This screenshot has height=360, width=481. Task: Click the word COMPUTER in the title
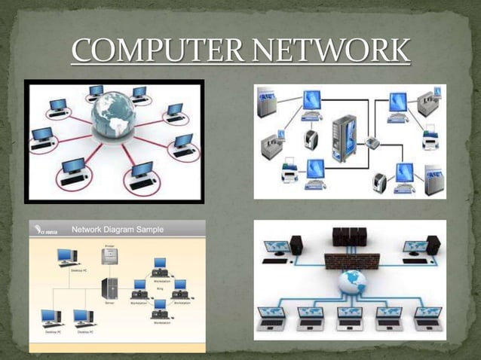(158, 51)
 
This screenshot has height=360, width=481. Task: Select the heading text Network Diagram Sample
(117, 229)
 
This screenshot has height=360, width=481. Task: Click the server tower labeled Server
(109, 287)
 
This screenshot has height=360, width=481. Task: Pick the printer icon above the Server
(109, 257)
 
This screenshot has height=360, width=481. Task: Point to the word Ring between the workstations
(160, 287)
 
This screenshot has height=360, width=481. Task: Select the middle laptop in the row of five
(350, 316)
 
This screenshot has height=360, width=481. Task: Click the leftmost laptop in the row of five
(271, 316)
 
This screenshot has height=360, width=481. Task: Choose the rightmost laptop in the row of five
(427, 316)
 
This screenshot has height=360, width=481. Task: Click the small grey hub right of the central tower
(372, 142)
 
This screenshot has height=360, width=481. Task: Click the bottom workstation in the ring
(159, 307)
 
